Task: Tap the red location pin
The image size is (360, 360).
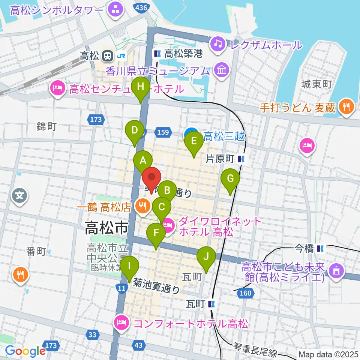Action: pos(151,180)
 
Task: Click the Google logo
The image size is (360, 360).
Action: pos(25,351)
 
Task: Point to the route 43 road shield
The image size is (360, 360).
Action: pos(139,345)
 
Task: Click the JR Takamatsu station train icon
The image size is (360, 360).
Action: pos(107,56)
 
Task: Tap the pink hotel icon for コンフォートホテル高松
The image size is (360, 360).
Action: pos(122,323)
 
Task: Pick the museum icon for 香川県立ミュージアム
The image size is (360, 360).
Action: pos(222,70)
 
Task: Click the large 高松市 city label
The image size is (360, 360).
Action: pos(106,227)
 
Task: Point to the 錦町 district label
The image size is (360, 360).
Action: pos(47,126)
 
